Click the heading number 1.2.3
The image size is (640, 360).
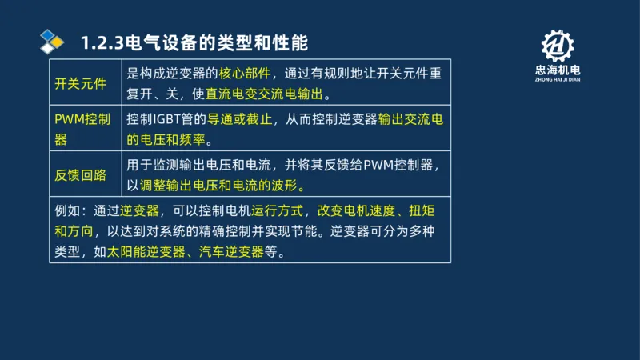click(102, 42)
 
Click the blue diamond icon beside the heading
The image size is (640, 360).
click(52, 40)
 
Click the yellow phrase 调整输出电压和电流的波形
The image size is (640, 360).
click(224, 186)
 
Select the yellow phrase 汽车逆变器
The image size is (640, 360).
click(230, 250)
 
